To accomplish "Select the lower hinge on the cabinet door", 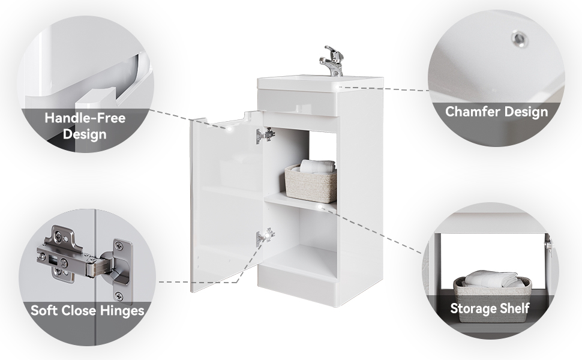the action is point(265,236).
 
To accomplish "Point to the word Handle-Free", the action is point(85,118).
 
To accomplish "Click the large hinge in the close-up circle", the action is point(84,260).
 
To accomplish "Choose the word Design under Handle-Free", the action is point(85,134).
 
